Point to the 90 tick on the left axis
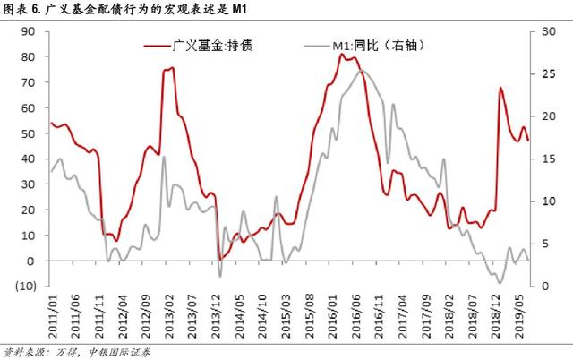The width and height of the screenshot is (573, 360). [x=28, y=31]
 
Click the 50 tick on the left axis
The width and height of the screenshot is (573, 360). [x=28, y=133]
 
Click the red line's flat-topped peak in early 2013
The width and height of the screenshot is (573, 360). [x=168, y=69]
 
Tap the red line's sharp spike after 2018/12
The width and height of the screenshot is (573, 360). [x=500, y=88]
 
